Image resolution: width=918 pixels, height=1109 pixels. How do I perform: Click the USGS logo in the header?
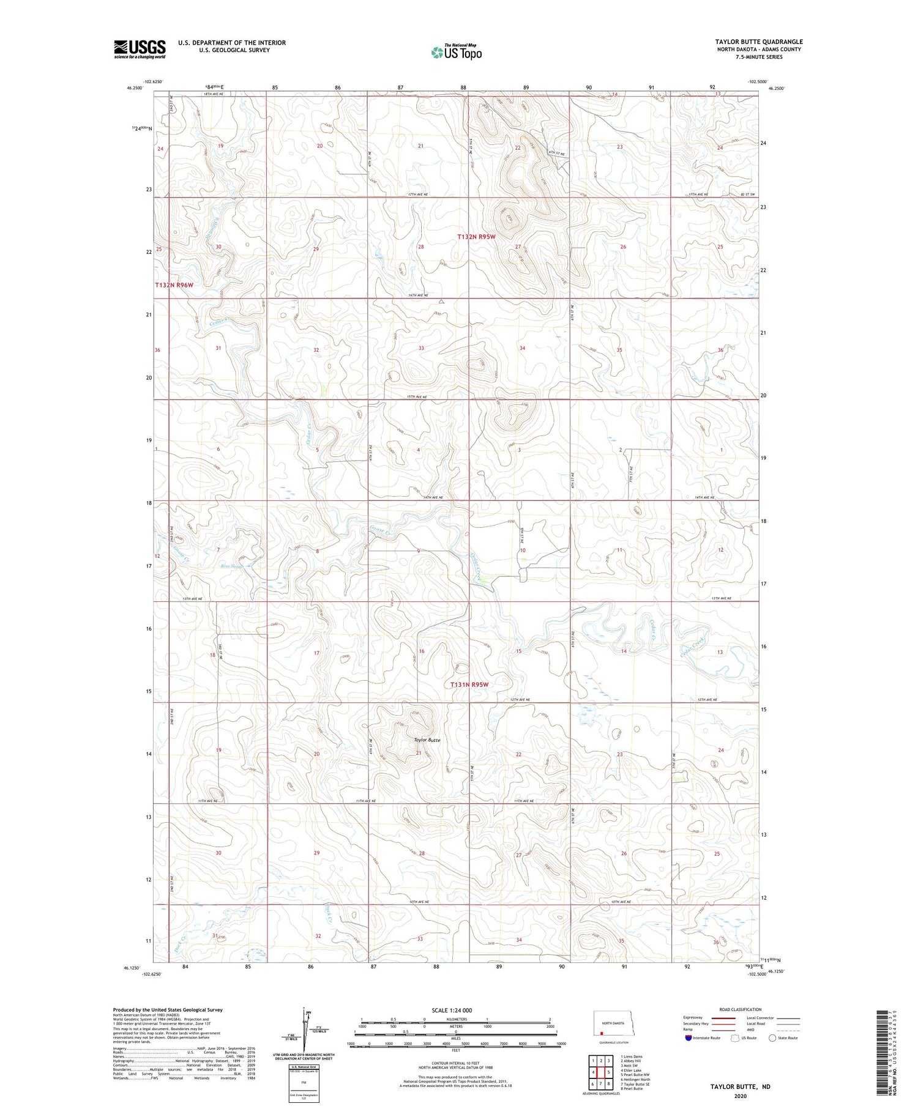[140, 49]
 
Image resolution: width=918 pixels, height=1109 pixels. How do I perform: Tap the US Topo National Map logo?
[456, 52]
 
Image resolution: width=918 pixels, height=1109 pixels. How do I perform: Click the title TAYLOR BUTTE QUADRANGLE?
[758, 42]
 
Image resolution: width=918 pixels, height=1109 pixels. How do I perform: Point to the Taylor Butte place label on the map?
[427, 740]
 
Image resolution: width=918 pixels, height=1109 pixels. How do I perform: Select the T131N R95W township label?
[469, 684]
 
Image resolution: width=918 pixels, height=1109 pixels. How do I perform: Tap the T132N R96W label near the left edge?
[174, 285]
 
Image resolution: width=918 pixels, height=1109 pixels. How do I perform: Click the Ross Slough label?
[232, 566]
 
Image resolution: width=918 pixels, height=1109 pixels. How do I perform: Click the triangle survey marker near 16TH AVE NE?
[441, 302]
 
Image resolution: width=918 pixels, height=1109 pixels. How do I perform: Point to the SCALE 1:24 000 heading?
[452, 1010]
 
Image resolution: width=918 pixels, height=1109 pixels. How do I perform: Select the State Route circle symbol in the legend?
[772, 1038]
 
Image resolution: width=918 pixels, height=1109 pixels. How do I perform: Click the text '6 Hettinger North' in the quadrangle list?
[635, 1080]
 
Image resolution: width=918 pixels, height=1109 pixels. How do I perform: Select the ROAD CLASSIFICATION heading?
[740, 1010]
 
